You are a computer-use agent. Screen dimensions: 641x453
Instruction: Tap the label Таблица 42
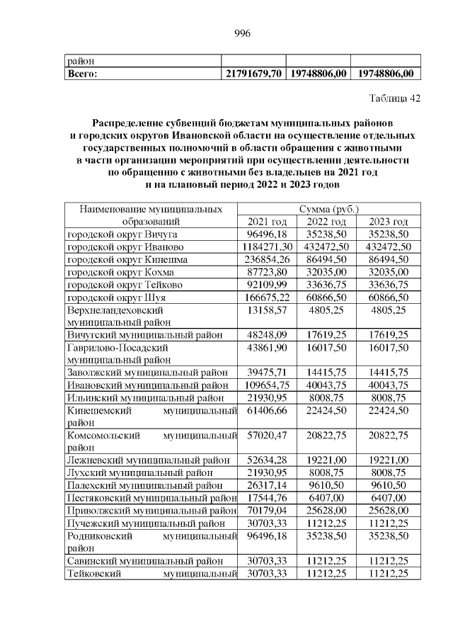[395, 98]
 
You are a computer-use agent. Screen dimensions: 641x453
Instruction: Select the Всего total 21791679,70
[254, 73]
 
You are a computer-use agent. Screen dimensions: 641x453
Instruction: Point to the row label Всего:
[82, 73]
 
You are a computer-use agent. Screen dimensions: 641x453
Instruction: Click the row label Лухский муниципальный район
[142, 472]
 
